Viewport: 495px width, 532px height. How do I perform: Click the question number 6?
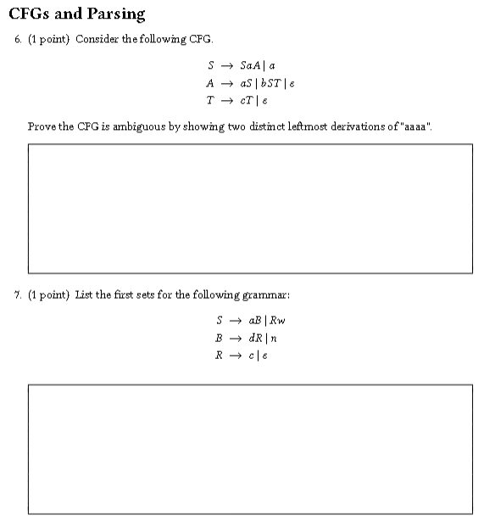coord(18,40)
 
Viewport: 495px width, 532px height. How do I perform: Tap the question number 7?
coord(18,294)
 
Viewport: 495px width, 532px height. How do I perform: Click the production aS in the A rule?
coord(247,83)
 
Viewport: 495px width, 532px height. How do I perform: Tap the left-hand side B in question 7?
coord(220,338)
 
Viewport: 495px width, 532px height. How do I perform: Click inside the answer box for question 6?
coord(250,208)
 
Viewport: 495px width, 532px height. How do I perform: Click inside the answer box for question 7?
coord(250,449)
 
